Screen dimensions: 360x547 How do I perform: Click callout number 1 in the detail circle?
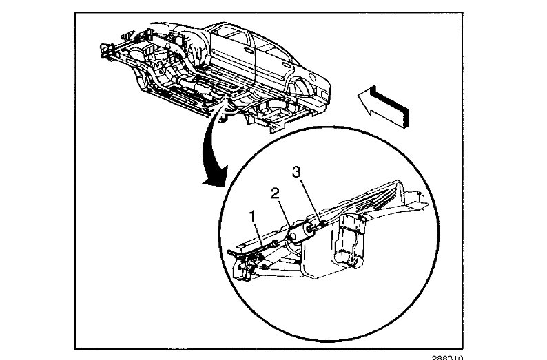click(254, 216)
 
